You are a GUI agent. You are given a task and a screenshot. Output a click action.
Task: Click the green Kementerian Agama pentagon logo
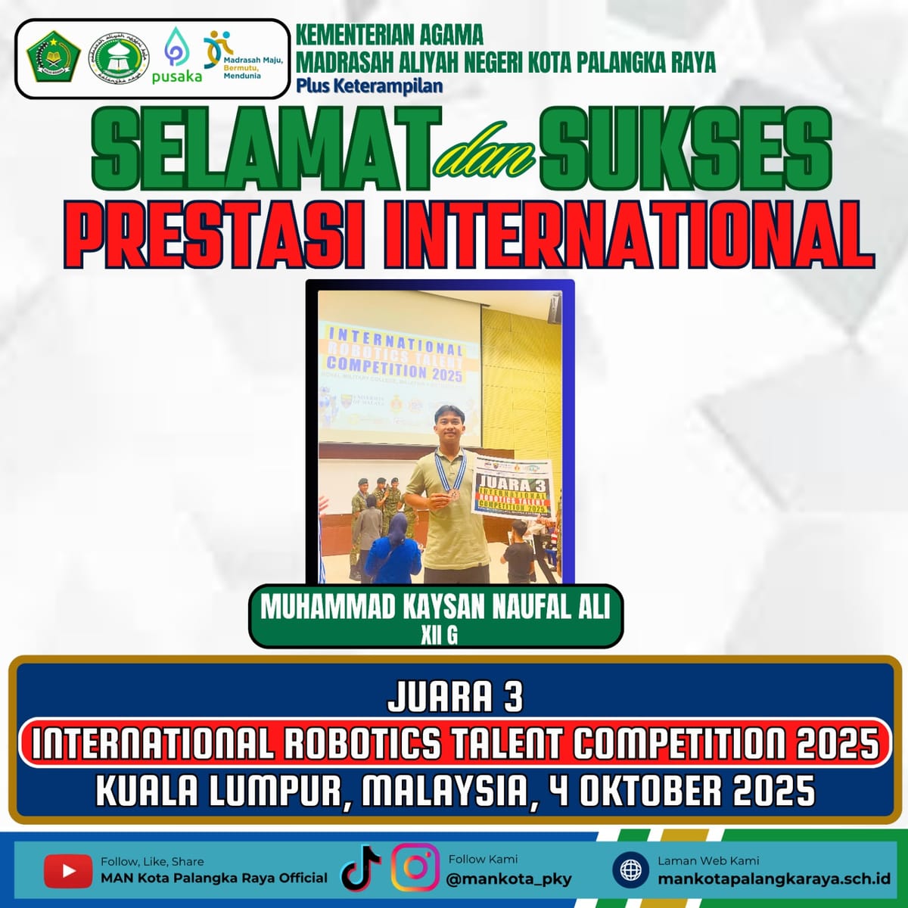(54, 59)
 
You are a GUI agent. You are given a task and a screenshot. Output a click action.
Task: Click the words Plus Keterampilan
(369, 86)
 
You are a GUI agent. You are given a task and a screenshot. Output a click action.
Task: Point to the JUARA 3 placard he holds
(514, 493)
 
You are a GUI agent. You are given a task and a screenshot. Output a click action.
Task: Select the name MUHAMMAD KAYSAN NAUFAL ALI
(435, 608)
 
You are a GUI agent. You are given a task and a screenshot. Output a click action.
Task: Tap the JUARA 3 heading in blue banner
(455, 698)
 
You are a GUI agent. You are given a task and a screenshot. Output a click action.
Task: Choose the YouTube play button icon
(68, 871)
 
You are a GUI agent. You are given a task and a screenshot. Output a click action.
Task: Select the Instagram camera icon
(415, 867)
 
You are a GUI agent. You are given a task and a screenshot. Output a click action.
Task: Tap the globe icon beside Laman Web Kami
(630, 869)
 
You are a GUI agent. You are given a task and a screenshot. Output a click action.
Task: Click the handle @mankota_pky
(509, 879)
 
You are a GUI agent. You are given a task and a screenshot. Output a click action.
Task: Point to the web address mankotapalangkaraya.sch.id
(773, 879)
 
